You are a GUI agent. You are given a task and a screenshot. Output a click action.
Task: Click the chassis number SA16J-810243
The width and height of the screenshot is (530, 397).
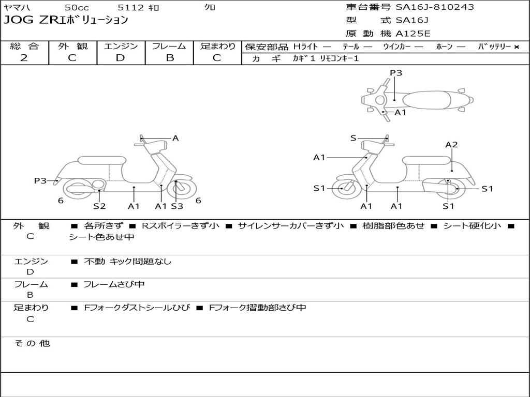click(435, 7)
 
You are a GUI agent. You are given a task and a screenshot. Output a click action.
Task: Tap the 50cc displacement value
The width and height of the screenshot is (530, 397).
click(77, 7)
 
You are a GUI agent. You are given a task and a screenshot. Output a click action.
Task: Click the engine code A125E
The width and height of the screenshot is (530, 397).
click(413, 34)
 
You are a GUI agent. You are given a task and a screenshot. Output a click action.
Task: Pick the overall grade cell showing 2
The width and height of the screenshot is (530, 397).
click(24, 58)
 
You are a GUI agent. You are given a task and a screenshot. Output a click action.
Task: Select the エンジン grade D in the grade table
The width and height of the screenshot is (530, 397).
click(121, 58)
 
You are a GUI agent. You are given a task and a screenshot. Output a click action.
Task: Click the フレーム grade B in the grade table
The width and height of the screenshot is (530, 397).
click(169, 58)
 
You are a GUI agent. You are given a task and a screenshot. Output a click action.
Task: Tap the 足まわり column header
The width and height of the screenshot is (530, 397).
click(217, 46)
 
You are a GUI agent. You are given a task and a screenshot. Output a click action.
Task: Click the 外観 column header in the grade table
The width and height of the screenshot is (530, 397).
click(72, 46)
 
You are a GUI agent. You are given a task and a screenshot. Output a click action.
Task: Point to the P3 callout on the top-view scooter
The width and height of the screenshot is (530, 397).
click(396, 73)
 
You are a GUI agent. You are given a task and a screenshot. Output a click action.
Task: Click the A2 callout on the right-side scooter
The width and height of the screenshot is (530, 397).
click(451, 145)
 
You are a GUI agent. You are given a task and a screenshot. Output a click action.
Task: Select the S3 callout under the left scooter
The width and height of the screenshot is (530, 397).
click(177, 206)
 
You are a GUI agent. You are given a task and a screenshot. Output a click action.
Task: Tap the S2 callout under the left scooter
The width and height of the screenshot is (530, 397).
click(99, 206)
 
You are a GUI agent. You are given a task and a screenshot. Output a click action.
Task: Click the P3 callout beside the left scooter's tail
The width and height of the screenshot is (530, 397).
click(40, 180)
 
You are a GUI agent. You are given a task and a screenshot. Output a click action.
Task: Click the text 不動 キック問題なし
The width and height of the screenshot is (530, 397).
click(127, 262)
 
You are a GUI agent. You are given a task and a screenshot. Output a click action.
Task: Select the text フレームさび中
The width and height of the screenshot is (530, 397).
click(114, 284)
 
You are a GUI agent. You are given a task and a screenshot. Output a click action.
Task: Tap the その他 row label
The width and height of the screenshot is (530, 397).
click(32, 343)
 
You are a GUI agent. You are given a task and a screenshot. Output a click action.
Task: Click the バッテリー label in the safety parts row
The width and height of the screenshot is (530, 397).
click(494, 47)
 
